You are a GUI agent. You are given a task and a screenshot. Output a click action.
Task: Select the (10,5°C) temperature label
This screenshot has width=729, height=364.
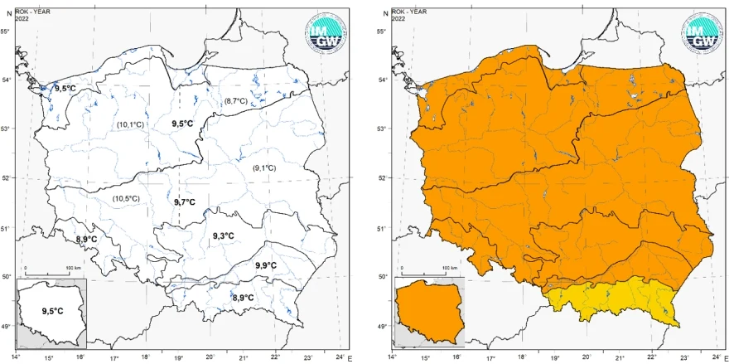126,198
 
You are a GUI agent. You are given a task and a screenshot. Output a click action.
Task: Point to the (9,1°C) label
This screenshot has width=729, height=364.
263,168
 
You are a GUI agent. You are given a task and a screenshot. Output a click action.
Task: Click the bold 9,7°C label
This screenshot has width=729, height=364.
185,201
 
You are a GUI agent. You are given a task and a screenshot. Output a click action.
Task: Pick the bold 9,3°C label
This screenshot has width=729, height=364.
223,236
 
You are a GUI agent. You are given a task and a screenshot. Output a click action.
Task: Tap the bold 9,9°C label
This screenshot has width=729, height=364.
266,265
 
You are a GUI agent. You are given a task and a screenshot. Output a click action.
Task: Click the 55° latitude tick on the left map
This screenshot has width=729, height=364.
7,32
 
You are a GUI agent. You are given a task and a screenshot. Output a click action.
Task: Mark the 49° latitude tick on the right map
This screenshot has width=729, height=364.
384,326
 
